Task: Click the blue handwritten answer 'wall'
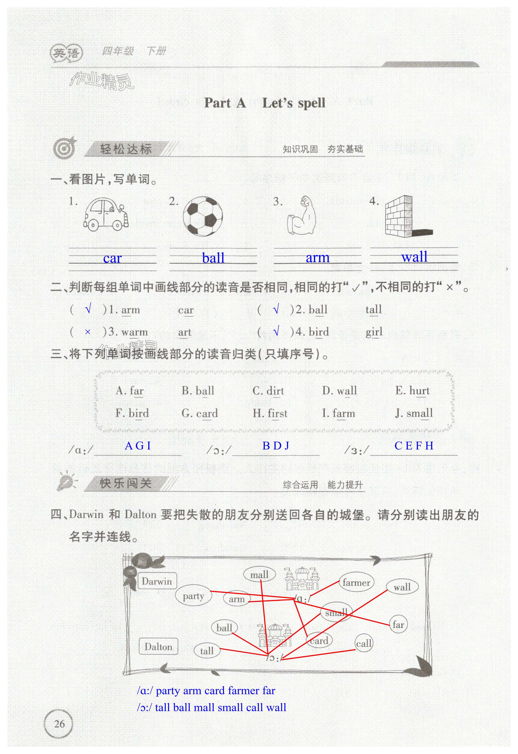point(414,257)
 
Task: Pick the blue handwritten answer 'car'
point(112,258)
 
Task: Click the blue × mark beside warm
point(88,332)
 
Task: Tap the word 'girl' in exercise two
point(374,332)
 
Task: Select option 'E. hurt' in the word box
point(412,390)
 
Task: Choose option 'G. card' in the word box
point(200,413)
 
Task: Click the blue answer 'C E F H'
point(414,446)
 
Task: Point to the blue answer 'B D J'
point(276,446)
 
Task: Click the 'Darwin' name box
point(157,581)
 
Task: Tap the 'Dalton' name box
point(158,647)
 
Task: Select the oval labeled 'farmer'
point(356,583)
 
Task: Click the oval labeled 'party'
point(193,596)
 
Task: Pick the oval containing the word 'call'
point(363,643)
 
